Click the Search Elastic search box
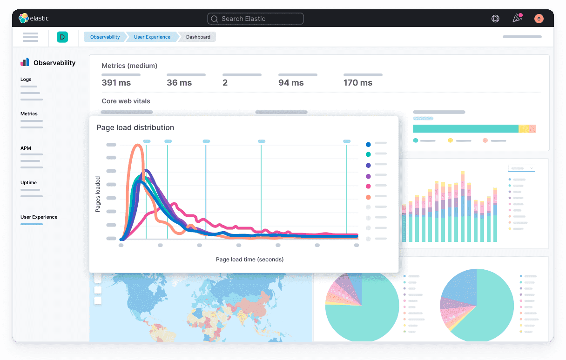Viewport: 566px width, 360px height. click(255, 19)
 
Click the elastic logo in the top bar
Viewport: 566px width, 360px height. click(34, 19)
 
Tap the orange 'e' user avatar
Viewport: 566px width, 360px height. click(539, 19)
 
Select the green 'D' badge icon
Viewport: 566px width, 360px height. click(62, 37)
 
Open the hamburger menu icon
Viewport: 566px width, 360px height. click(31, 37)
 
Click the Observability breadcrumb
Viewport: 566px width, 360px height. click(105, 37)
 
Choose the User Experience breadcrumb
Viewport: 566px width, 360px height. click(152, 37)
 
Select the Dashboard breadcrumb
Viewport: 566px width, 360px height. click(198, 37)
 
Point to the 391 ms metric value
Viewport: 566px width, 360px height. click(116, 83)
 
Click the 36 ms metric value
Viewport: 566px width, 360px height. click(179, 83)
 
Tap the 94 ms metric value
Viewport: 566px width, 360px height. click(291, 83)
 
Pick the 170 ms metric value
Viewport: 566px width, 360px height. click(358, 83)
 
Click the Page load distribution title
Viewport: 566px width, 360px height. click(135, 127)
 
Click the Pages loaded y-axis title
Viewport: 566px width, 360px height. click(98, 194)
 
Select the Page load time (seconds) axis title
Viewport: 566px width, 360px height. click(249, 259)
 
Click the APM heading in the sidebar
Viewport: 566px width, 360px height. click(26, 148)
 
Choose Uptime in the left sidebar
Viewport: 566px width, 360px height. click(28, 183)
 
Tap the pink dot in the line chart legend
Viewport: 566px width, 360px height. click(368, 187)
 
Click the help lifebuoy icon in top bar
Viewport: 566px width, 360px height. click(495, 19)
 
